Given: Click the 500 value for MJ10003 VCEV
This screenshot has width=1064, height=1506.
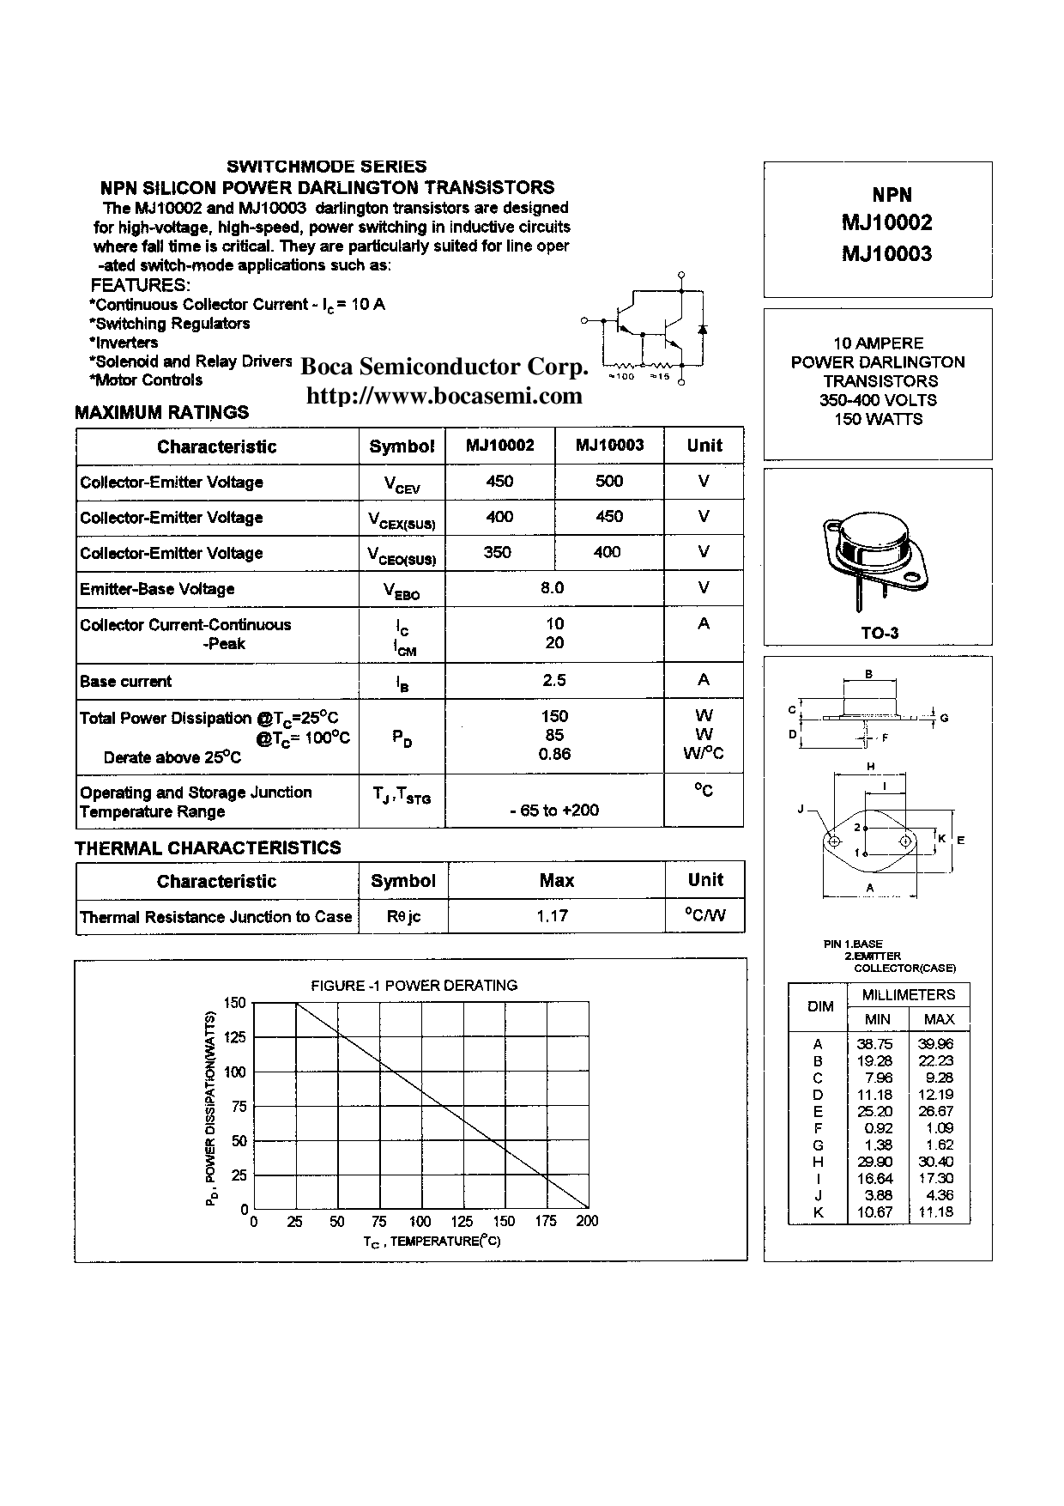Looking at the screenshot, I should [x=608, y=481].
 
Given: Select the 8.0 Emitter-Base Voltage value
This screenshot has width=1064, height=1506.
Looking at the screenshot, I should [x=553, y=588].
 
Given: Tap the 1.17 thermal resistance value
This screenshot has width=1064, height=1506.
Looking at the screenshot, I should [x=553, y=916].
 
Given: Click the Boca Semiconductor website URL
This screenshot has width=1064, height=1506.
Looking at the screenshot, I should [x=444, y=396].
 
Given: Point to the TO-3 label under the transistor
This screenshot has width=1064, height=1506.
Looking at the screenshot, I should [x=880, y=633].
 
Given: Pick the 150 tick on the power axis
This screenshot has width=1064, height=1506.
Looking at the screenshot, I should [x=234, y=1003].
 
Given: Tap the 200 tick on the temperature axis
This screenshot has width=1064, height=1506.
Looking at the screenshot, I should [x=587, y=1221].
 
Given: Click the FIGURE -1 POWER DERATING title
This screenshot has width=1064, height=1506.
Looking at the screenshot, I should [x=414, y=985].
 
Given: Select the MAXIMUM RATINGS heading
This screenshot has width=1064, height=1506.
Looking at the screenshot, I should [x=162, y=412].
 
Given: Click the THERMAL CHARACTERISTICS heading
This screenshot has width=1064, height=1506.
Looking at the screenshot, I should [x=208, y=847].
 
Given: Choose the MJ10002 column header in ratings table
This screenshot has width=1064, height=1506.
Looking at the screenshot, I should [x=499, y=445].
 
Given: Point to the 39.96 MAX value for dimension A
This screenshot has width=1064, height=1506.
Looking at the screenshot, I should [x=935, y=1044].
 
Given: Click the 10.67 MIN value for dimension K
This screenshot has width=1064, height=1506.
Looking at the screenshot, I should [x=874, y=1212].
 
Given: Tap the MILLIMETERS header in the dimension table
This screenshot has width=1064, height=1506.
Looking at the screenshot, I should [x=908, y=995].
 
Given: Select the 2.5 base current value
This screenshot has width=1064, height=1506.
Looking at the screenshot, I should [x=554, y=680].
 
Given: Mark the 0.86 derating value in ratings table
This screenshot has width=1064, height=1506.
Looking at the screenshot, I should [x=554, y=754].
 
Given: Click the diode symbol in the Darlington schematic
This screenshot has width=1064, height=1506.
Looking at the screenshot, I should [x=703, y=329].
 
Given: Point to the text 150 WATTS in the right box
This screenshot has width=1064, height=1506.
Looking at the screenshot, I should [x=878, y=419].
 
